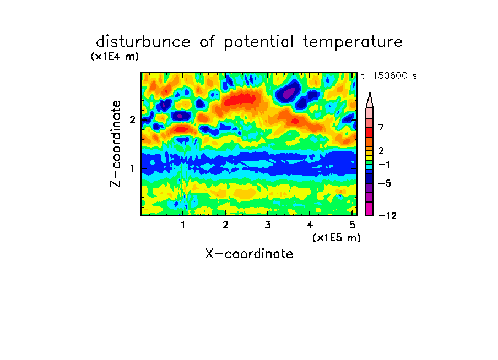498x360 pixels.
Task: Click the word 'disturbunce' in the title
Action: (x=143, y=42)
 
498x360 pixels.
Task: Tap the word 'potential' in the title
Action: (x=258, y=42)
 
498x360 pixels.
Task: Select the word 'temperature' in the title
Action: (x=353, y=42)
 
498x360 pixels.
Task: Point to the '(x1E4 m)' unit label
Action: (x=115, y=57)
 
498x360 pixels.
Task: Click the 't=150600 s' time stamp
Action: (x=389, y=75)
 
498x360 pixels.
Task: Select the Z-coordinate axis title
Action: (x=116, y=144)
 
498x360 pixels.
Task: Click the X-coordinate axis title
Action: (x=249, y=254)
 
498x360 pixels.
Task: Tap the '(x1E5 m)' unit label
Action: (x=337, y=238)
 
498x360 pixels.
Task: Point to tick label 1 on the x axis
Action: (x=183, y=225)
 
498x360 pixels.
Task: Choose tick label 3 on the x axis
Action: (x=268, y=225)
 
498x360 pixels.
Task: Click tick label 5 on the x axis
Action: (x=352, y=225)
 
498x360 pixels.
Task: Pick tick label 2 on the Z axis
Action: (x=132, y=119)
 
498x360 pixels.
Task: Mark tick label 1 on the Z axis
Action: (x=132, y=168)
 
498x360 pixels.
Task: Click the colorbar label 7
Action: (x=381, y=128)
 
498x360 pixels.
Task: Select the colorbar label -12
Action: (x=387, y=216)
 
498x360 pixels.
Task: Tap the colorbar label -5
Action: (x=385, y=183)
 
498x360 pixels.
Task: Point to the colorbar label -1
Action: (x=385, y=165)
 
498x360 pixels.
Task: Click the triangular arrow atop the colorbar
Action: (x=370, y=100)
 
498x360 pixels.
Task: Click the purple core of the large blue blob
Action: (x=288, y=94)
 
